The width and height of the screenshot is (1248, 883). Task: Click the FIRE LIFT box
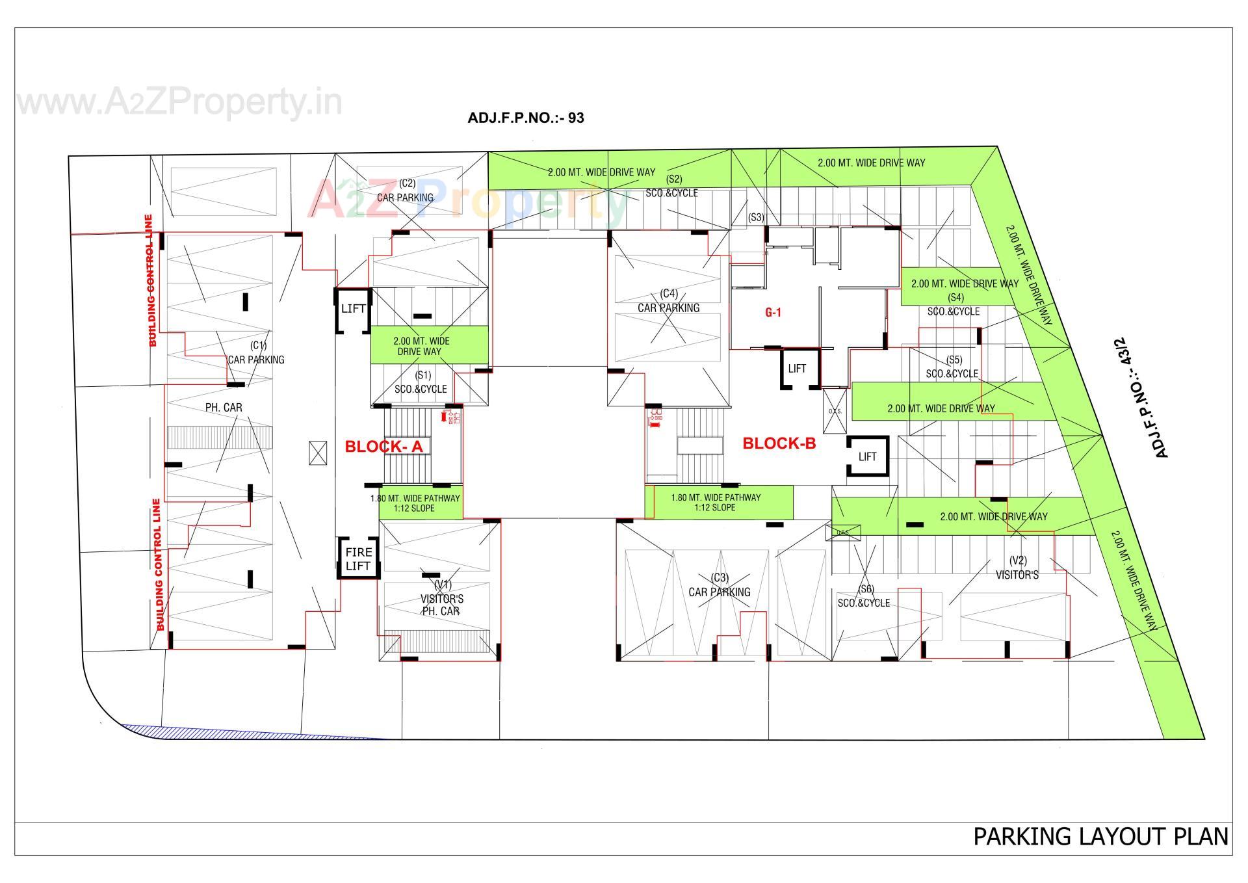click(357, 559)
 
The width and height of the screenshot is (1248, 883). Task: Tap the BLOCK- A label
click(383, 447)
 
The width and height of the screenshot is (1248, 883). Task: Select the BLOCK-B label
click(779, 443)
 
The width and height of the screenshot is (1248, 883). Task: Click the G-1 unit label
click(773, 313)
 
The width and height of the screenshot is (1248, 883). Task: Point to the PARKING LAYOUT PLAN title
click(1100, 836)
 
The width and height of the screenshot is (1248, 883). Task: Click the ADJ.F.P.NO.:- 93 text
click(525, 118)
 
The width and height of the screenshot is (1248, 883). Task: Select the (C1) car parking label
click(256, 353)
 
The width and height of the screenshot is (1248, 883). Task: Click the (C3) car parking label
click(720, 585)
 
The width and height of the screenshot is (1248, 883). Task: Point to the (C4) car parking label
click(669, 301)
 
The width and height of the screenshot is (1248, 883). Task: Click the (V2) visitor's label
click(1017, 568)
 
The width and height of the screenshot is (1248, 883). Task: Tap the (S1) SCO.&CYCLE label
click(421, 382)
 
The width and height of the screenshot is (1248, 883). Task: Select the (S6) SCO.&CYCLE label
click(864, 596)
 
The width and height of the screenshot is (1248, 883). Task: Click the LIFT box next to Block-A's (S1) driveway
click(353, 309)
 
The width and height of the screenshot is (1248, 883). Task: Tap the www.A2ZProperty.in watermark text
click(179, 102)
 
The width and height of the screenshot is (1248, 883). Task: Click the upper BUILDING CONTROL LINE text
click(151, 281)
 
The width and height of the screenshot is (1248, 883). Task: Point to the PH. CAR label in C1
click(224, 408)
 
